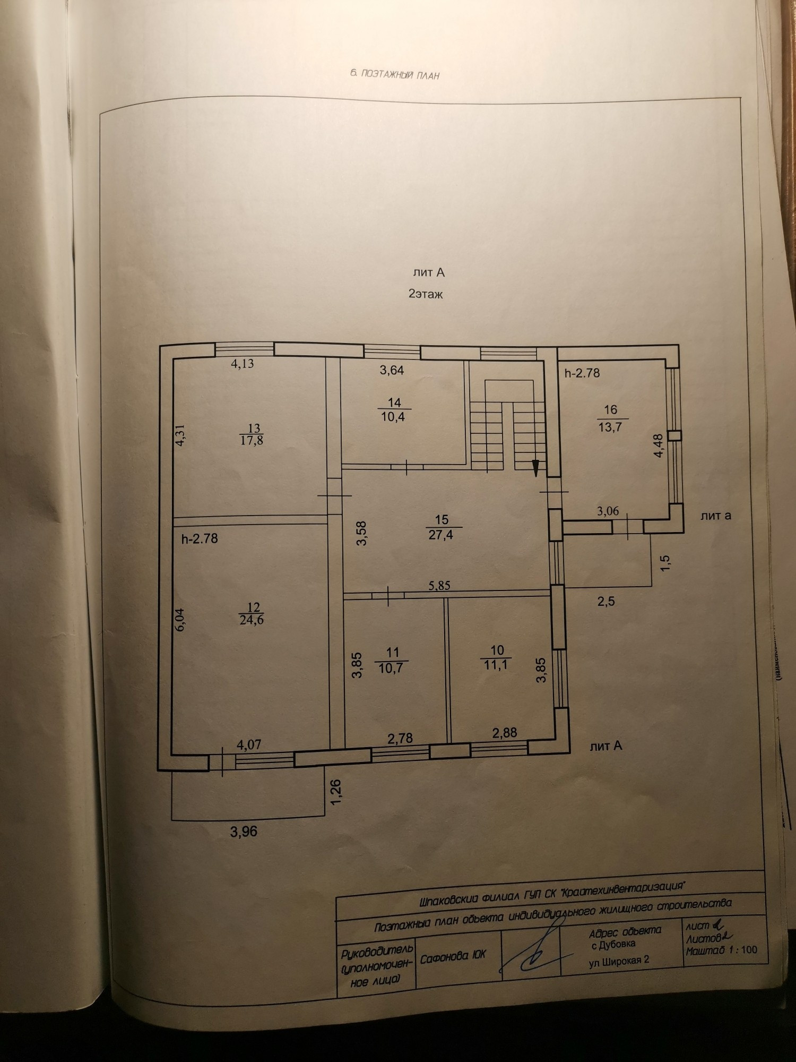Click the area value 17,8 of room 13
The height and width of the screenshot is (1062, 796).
coord(253,440)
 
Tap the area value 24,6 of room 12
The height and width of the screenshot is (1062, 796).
coord(252,620)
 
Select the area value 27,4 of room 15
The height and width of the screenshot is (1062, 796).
coord(442,534)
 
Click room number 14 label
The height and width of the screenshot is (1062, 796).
coord(394,403)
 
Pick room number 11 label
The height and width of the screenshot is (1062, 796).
coord(393,653)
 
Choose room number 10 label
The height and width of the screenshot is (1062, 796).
coord(497,650)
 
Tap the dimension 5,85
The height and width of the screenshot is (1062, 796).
coord(439,586)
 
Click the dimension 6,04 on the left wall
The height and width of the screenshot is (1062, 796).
coord(180,619)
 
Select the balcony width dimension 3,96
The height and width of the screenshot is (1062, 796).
coord(244,831)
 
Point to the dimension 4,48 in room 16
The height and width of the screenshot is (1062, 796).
coord(659,446)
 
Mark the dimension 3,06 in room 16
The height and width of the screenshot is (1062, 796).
coord(608,511)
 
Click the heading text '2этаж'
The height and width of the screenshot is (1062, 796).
coord(426,294)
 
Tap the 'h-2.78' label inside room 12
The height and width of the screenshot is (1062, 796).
coord(200,538)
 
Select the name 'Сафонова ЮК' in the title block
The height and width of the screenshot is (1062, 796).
coord(453,956)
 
